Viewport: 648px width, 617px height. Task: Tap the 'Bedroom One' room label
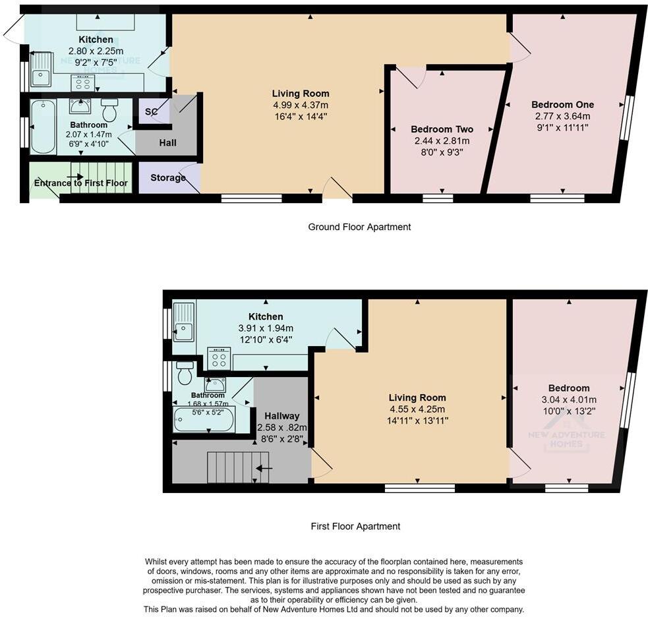point(562,104)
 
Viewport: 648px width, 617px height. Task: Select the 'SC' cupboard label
point(151,112)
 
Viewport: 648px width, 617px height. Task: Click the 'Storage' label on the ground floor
point(167,178)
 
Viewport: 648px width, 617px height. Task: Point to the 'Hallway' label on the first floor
point(281,416)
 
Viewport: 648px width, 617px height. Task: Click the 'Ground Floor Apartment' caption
point(359,227)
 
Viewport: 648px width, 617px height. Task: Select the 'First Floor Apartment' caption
point(355,526)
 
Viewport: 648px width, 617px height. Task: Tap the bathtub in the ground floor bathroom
point(44,127)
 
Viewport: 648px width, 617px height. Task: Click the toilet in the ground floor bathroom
point(109,109)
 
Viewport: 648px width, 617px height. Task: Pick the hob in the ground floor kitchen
point(83,83)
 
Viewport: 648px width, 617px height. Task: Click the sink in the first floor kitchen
point(184,322)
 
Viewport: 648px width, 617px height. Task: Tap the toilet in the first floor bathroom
point(185,373)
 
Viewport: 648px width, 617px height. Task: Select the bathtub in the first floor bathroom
point(204,419)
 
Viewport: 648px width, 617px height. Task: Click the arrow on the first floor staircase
point(264,468)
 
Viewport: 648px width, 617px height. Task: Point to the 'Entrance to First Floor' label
point(80,183)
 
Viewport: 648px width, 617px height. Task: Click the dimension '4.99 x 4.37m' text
point(301,105)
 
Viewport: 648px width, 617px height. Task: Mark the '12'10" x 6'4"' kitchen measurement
point(266,339)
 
